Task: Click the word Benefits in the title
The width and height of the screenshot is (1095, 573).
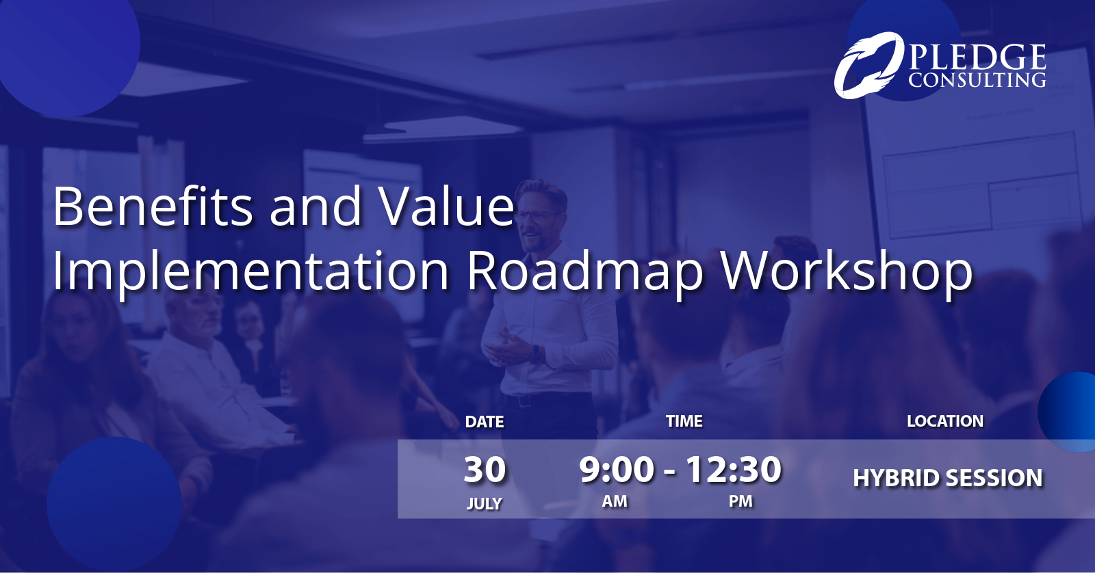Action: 153,206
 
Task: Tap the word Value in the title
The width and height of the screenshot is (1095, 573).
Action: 447,206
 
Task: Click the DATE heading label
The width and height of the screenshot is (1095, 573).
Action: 485,422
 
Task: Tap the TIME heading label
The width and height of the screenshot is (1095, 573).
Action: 684,421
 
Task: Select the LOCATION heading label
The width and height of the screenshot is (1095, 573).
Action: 945,421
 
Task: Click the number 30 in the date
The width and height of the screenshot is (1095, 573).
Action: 485,470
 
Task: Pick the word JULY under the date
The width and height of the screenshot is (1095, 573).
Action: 484,504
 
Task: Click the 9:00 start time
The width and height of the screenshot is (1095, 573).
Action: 617,470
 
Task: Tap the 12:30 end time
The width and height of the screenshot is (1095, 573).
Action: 733,470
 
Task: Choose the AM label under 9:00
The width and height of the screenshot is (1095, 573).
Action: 615,501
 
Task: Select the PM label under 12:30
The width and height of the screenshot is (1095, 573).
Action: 740,501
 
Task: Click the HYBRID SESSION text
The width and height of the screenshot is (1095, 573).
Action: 948,478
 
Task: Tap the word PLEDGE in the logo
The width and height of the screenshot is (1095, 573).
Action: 977,57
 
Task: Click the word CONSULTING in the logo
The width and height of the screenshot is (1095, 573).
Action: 977,80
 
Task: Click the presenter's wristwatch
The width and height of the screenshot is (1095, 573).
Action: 537,355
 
